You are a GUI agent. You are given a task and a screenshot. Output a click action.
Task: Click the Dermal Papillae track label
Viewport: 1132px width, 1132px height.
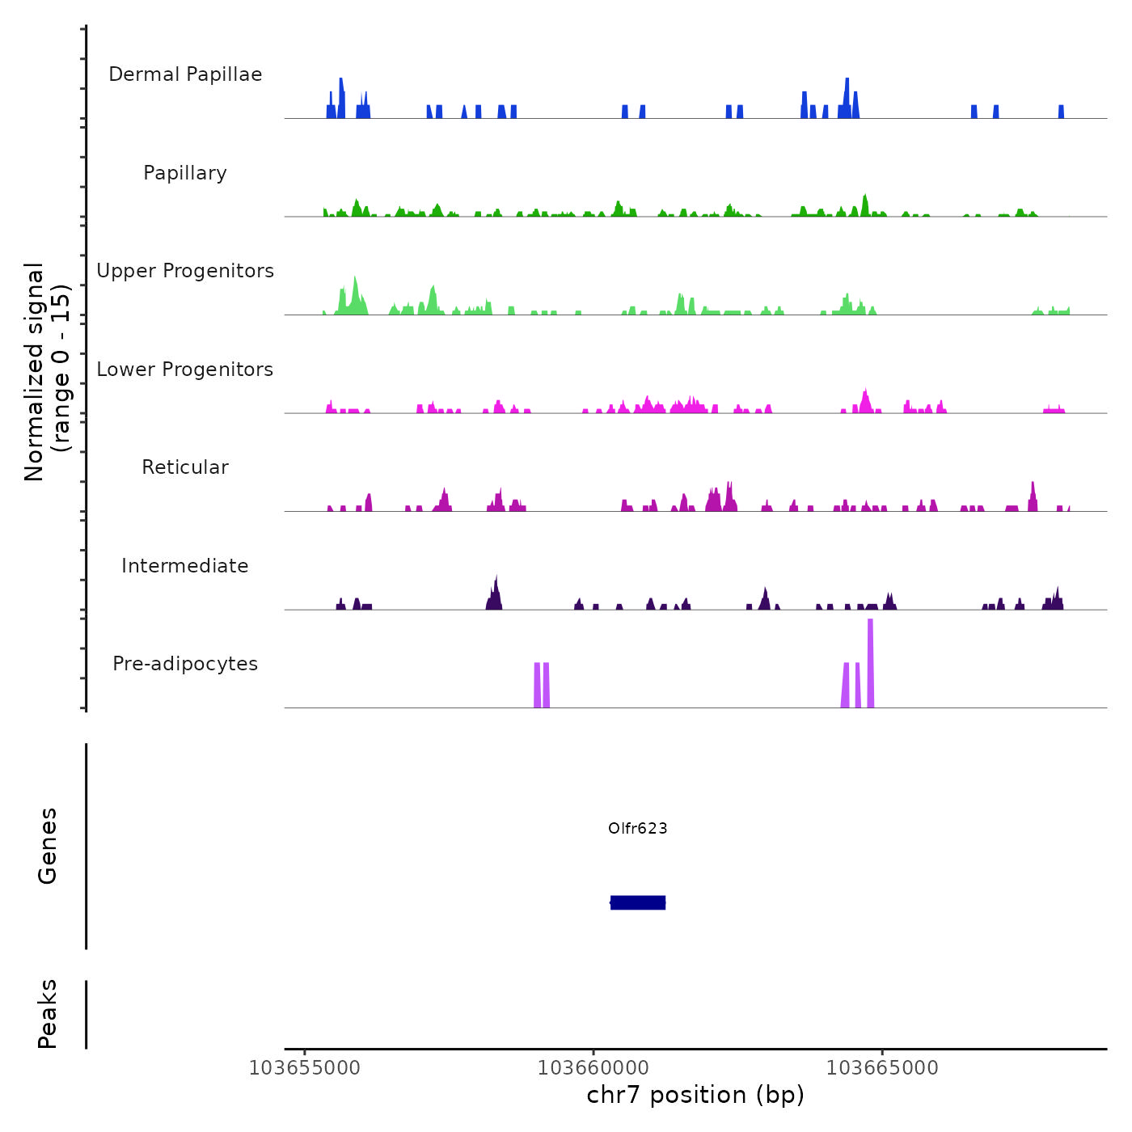pyautogui.click(x=185, y=74)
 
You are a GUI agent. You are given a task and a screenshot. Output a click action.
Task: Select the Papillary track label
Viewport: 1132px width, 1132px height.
pyautogui.click(x=185, y=173)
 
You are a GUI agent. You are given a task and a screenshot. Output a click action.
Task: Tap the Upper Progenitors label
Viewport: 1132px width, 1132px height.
pyautogui.click(x=185, y=271)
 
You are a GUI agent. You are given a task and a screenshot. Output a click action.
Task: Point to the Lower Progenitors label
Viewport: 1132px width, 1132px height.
pyautogui.click(x=185, y=370)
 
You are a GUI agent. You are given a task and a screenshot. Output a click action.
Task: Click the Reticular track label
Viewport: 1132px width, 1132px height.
pyautogui.click(x=185, y=467)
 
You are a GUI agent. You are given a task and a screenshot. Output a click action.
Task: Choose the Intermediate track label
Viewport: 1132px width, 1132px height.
pyautogui.click(x=185, y=566)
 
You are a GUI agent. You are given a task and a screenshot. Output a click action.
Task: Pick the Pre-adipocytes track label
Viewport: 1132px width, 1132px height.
pyautogui.click(x=185, y=664)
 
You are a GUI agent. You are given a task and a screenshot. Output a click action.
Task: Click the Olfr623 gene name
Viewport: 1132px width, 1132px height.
pyautogui.click(x=638, y=828)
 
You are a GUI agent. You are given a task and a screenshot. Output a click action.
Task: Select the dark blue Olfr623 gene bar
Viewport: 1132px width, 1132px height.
pyautogui.click(x=638, y=902)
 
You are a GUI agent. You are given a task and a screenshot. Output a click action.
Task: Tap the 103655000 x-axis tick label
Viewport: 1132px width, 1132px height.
pyautogui.click(x=305, y=1068)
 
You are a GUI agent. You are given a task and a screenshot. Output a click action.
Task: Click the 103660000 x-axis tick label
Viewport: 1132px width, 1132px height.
pyautogui.click(x=593, y=1068)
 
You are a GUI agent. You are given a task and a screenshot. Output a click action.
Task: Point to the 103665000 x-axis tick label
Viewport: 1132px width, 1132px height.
pyautogui.click(x=882, y=1068)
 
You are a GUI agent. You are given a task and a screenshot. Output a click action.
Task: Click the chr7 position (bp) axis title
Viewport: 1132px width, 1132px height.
pyautogui.click(x=695, y=1096)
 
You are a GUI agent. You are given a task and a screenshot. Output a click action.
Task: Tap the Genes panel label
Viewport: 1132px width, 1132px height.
pyautogui.click(x=48, y=846)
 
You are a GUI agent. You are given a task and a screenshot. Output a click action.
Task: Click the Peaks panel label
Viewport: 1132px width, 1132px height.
pyautogui.click(x=48, y=1014)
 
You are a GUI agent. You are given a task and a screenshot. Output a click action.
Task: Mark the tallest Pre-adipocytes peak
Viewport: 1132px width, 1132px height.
pyautogui.click(x=870, y=663)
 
